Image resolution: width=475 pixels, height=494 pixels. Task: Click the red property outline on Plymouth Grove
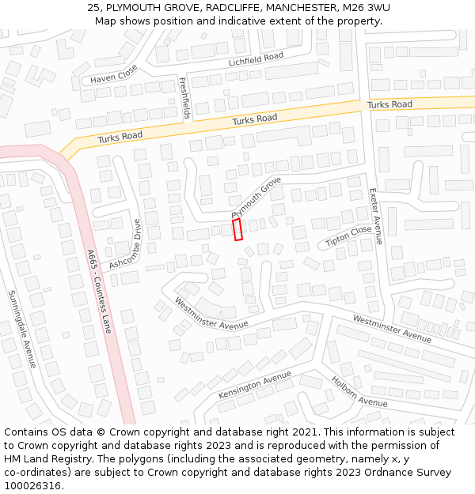coord(237,230)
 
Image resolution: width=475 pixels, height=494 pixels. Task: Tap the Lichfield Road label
coord(256,59)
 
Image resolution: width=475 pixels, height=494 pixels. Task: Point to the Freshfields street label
coord(184,98)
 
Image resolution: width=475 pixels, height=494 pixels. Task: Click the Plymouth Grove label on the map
coord(256,198)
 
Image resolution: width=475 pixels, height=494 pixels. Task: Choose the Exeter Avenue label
coord(376,216)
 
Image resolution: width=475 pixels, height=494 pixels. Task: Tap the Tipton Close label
coord(348,236)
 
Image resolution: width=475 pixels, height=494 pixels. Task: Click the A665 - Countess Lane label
coord(100,290)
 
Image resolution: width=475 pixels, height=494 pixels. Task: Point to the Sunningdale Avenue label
coord(22,329)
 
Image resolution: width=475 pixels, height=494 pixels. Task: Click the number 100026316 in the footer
coord(33,486)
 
